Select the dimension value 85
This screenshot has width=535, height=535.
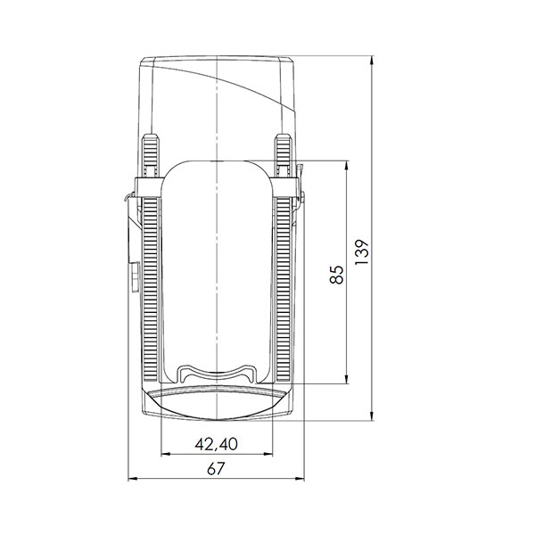coord(336,275)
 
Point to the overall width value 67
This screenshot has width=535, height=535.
coord(217,471)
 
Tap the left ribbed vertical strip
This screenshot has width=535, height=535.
coord(151,285)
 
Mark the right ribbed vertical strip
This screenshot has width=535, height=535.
coord(284,285)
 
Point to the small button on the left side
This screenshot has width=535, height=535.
coord(132,276)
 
